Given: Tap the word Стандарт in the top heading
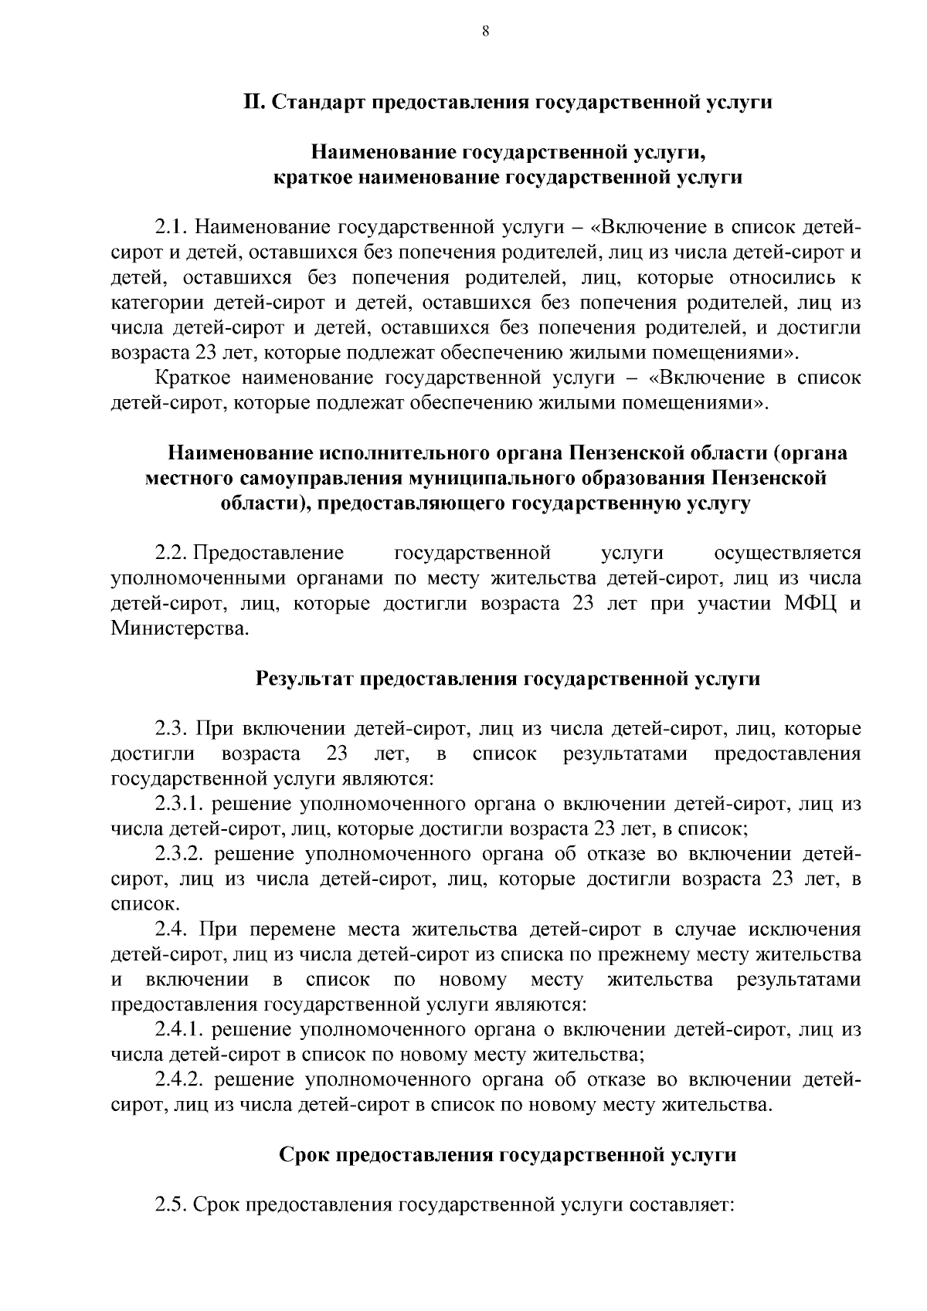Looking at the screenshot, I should pyautogui.click(x=317, y=103).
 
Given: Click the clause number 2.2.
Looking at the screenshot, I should pyautogui.click(x=171, y=554).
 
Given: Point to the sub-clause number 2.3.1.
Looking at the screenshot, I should pyautogui.click(x=178, y=805).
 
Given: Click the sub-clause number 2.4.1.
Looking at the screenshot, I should pyautogui.click(x=178, y=1030).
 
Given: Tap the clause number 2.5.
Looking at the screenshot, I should pyautogui.click(x=171, y=1205).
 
